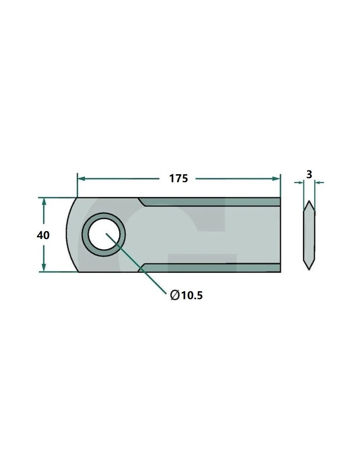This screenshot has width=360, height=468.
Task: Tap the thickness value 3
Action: click(x=309, y=174)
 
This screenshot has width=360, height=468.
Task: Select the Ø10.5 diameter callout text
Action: click(x=186, y=295)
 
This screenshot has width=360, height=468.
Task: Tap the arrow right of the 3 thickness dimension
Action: click(x=318, y=183)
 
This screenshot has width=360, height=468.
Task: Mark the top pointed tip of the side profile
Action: click(x=309, y=202)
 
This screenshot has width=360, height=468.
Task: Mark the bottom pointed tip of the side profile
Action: click(x=309, y=268)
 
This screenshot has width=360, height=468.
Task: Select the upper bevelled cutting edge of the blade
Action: click(x=210, y=202)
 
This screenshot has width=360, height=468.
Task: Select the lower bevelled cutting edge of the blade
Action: click(x=210, y=268)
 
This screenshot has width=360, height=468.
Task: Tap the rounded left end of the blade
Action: click(x=69, y=235)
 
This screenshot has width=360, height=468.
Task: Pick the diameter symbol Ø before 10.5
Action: click(x=174, y=296)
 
